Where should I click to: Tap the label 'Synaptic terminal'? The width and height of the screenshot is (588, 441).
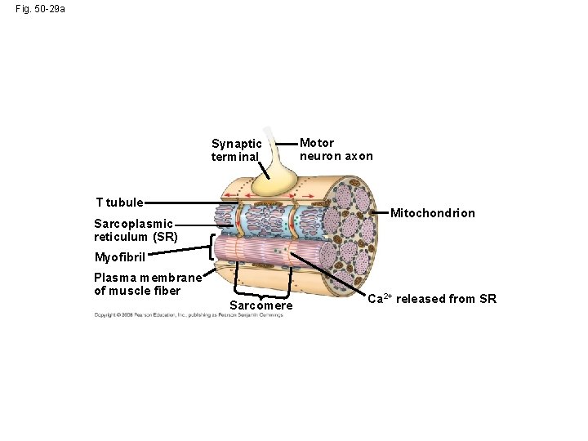(x=236, y=150)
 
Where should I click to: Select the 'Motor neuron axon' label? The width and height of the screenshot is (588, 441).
(x=336, y=149)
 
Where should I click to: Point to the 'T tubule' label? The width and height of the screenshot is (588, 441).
(x=119, y=202)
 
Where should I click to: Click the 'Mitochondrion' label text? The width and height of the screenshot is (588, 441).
(x=432, y=213)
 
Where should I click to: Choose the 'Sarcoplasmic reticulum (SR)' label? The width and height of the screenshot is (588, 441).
(x=135, y=229)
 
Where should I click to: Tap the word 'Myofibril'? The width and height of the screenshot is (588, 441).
(x=119, y=257)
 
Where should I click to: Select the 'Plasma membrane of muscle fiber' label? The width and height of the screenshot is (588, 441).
(x=147, y=283)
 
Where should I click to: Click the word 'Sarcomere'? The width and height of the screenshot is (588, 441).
(x=261, y=305)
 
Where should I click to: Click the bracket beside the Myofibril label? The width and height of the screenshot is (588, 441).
(x=213, y=247)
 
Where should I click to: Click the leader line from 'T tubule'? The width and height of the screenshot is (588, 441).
(x=184, y=203)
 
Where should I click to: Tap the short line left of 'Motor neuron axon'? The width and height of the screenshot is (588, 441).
(x=287, y=144)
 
